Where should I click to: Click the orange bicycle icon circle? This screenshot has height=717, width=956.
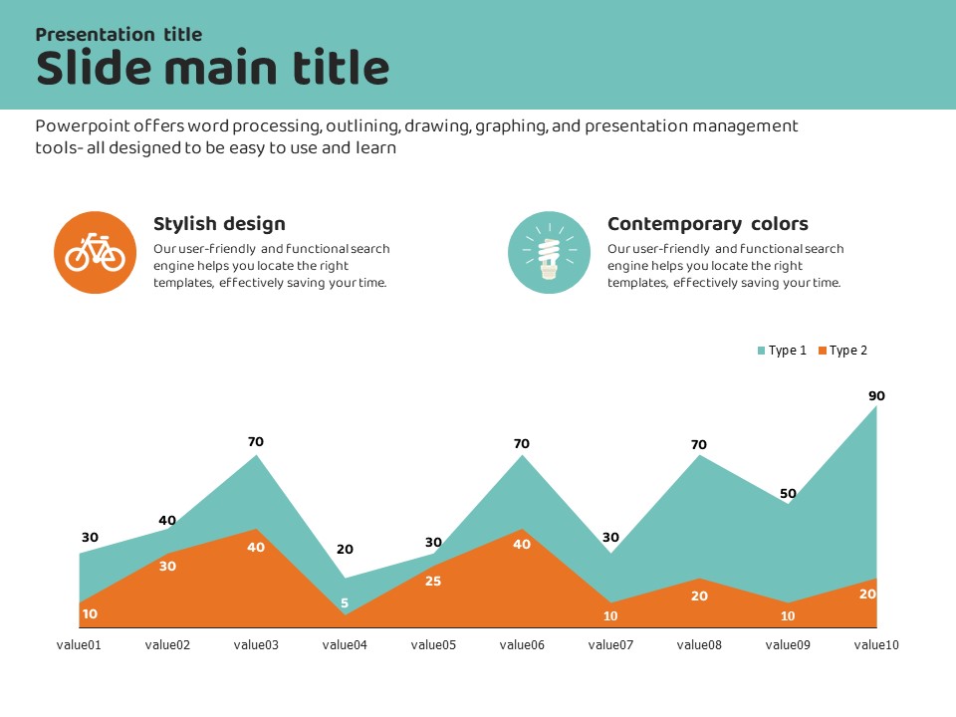95,252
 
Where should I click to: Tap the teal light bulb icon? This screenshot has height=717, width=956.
549,252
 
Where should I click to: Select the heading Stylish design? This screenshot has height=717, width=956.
219,224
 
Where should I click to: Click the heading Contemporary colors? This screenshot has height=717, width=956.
707,224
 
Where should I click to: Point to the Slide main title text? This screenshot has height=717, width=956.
212,69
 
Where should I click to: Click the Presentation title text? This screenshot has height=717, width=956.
119,34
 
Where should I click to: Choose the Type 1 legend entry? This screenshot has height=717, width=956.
782,351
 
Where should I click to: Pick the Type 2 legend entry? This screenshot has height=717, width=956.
842,351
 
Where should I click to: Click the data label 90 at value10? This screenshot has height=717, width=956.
876,395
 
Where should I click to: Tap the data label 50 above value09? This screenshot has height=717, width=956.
788,493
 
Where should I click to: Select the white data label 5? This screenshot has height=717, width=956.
345,602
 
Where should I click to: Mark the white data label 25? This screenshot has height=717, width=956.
433,581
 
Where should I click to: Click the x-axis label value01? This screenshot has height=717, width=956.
79,645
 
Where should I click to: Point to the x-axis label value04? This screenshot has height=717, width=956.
345,645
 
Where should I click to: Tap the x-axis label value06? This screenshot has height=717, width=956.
522,645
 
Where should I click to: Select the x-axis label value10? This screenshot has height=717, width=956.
876,645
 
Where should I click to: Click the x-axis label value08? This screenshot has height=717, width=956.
699,645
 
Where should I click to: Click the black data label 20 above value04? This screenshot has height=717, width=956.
345,549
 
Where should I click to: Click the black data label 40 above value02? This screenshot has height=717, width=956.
167,520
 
